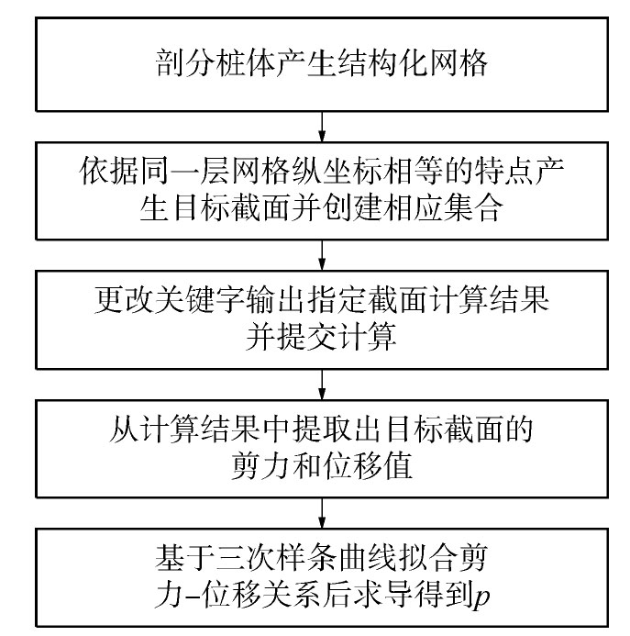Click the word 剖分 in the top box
tap(185, 63)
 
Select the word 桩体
tap(246, 63)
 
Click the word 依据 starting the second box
tap(109, 171)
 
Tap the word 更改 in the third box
tap(125, 300)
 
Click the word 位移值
tap(368, 465)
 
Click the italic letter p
tap(482, 597)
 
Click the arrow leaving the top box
tap(322, 127)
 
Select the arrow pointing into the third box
tap(322, 255)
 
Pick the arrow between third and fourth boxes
tap(322, 385)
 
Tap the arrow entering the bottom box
tap(322, 513)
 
